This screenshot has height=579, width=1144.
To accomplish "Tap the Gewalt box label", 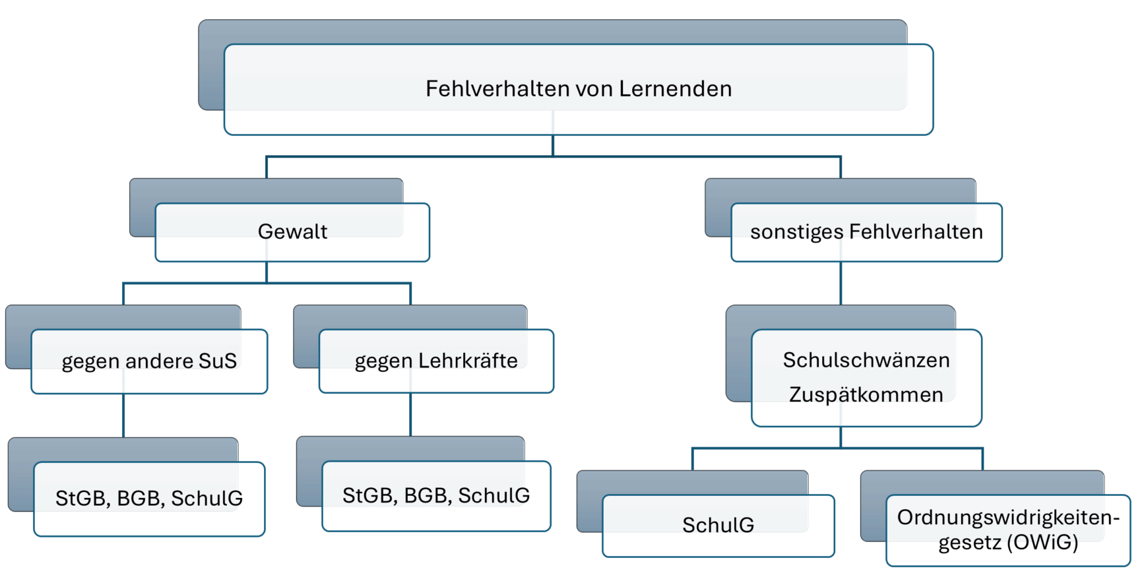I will [x=292, y=231].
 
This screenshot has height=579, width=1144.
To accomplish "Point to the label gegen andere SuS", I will [x=149, y=361].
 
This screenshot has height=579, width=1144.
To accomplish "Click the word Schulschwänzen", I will [x=866, y=360].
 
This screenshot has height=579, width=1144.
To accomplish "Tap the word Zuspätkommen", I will [x=866, y=394].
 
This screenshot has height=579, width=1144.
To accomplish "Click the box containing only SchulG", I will [x=718, y=525].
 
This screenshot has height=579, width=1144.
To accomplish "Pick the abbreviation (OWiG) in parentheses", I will [x=1042, y=542].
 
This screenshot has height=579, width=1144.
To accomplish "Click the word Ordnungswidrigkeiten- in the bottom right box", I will [x=1008, y=518].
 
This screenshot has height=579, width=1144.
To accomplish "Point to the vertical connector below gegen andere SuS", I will [x=123, y=415].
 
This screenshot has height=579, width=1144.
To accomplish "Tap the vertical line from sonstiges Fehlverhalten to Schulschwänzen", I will [x=841, y=284].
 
